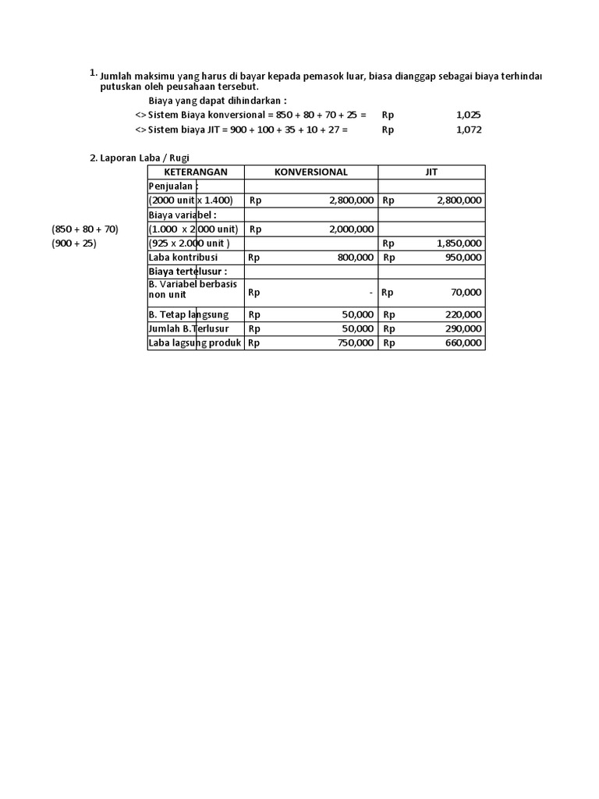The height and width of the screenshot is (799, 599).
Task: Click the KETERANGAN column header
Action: (196, 172)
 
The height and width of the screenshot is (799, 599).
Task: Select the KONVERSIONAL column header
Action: (311, 172)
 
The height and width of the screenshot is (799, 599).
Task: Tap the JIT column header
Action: (431, 172)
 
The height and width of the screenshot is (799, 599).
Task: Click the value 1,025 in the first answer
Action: (469, 115)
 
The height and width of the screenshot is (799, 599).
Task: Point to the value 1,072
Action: (469, 130)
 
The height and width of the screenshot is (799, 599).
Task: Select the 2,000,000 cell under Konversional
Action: (352, 229)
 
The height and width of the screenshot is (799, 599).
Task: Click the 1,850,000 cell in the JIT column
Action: (459, 243)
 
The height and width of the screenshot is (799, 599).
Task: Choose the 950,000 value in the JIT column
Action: (463, 257)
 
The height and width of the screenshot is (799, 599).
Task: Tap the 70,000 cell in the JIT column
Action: (466, 293)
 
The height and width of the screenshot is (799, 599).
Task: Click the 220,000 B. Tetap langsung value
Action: (463, 314)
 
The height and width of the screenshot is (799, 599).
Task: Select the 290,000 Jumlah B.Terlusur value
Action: (463, 328)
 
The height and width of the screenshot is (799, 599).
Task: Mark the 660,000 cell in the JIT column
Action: (463, 343)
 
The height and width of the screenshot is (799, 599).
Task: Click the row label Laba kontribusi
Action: (183, 257)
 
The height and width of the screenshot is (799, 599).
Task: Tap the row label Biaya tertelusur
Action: (188, 272)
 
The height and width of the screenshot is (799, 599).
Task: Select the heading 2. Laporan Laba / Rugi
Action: (140, 158)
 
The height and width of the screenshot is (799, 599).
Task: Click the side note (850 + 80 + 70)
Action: (85, 229)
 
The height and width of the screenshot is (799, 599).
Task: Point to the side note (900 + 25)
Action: (74, 243)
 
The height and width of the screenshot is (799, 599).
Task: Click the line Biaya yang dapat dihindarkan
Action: (218, 101)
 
